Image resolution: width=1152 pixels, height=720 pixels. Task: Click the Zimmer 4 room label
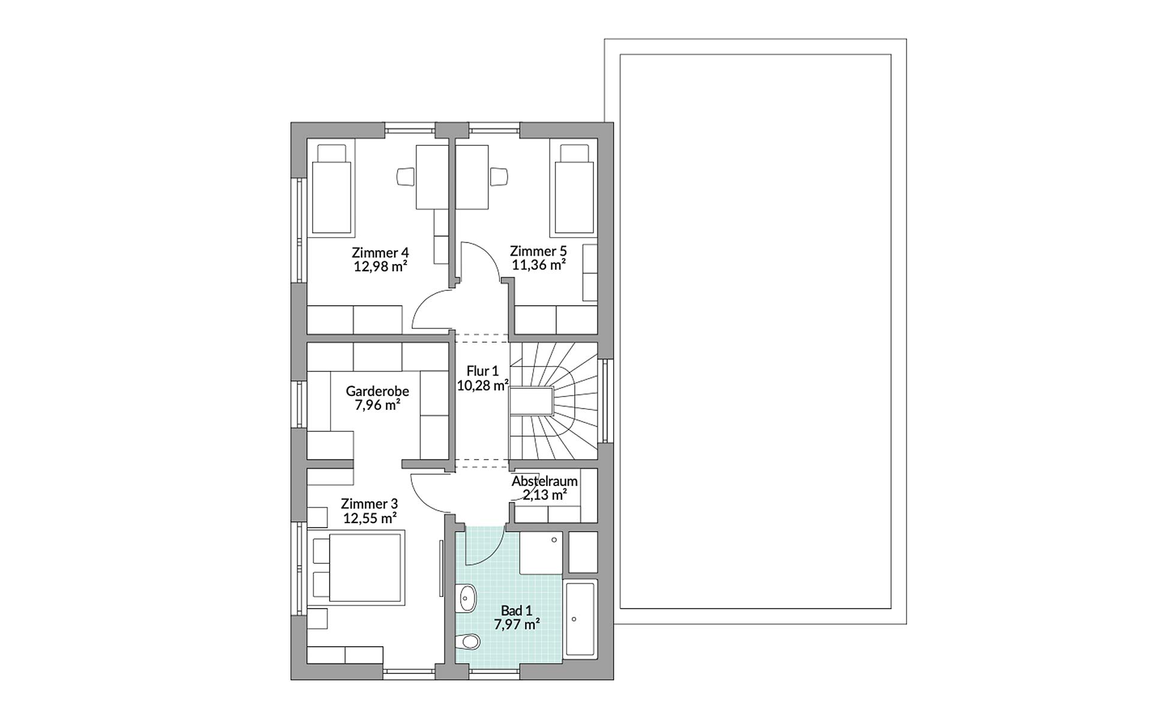coord(380,252)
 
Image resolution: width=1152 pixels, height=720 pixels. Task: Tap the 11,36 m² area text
coord(538,265)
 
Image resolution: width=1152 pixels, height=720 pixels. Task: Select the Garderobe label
coord(377,391)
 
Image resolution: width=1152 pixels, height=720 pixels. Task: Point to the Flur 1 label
coord(482,371)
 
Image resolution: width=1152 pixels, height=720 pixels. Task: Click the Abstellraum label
coord(544,481)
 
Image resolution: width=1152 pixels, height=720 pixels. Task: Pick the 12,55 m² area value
coord(370,518)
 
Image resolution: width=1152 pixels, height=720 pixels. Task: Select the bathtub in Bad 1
coord(581,619)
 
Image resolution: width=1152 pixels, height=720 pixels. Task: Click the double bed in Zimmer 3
coord(358,565)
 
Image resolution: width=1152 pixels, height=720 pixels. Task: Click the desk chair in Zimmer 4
coord(406,176)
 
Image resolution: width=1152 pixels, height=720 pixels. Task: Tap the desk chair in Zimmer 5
coord(499,176)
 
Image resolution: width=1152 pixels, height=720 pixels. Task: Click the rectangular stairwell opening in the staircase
coord(531,401)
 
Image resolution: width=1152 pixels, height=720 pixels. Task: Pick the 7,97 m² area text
coord(517,625)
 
